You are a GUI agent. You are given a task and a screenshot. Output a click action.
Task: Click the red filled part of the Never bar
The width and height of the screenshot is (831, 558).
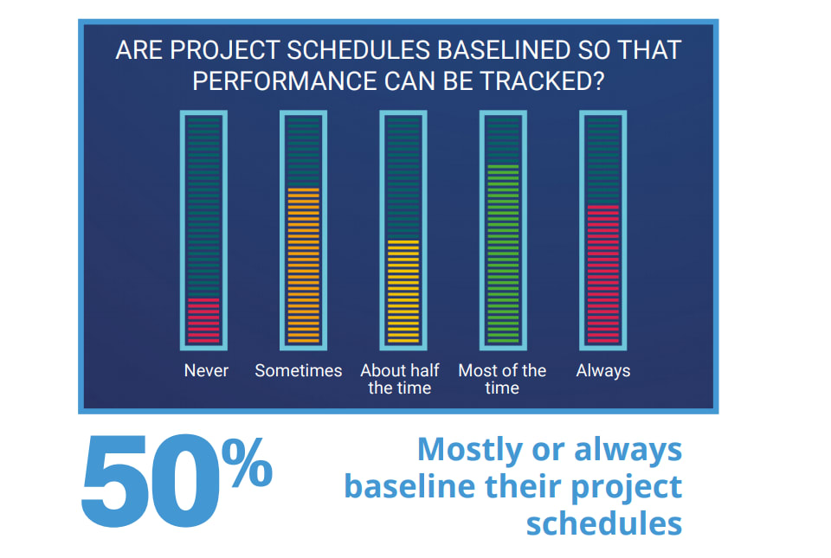click(203, 320)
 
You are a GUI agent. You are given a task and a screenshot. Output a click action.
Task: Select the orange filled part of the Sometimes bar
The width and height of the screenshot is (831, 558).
click(303, 266)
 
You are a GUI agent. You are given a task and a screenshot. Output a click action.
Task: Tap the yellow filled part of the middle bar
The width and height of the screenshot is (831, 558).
click(403, 292)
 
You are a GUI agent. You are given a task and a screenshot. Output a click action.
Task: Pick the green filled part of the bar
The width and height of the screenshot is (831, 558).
click(503, 254)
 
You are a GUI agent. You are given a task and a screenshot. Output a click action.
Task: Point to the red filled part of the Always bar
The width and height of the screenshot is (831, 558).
click(603, 274)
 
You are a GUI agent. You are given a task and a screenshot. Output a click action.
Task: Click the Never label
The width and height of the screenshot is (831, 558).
click(206, 370)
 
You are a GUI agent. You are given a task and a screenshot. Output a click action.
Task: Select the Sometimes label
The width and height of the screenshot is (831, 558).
click(299, 370)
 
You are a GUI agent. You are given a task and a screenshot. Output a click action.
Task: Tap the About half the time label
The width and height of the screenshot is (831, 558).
click(400, 379)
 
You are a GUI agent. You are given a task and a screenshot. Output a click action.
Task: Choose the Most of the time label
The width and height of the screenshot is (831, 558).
click(502, 379)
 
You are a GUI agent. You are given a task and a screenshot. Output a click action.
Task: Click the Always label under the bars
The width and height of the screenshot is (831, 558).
click(603, 371)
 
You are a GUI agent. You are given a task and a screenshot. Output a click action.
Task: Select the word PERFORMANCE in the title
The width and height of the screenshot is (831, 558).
click(285, 81)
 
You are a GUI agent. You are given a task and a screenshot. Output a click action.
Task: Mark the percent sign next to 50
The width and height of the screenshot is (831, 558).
click(247, 462)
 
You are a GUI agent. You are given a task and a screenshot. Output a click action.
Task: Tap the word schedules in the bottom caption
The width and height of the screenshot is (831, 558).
click(603, 523)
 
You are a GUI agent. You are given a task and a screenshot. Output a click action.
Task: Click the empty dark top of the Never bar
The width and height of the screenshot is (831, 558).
click(203, 208)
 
